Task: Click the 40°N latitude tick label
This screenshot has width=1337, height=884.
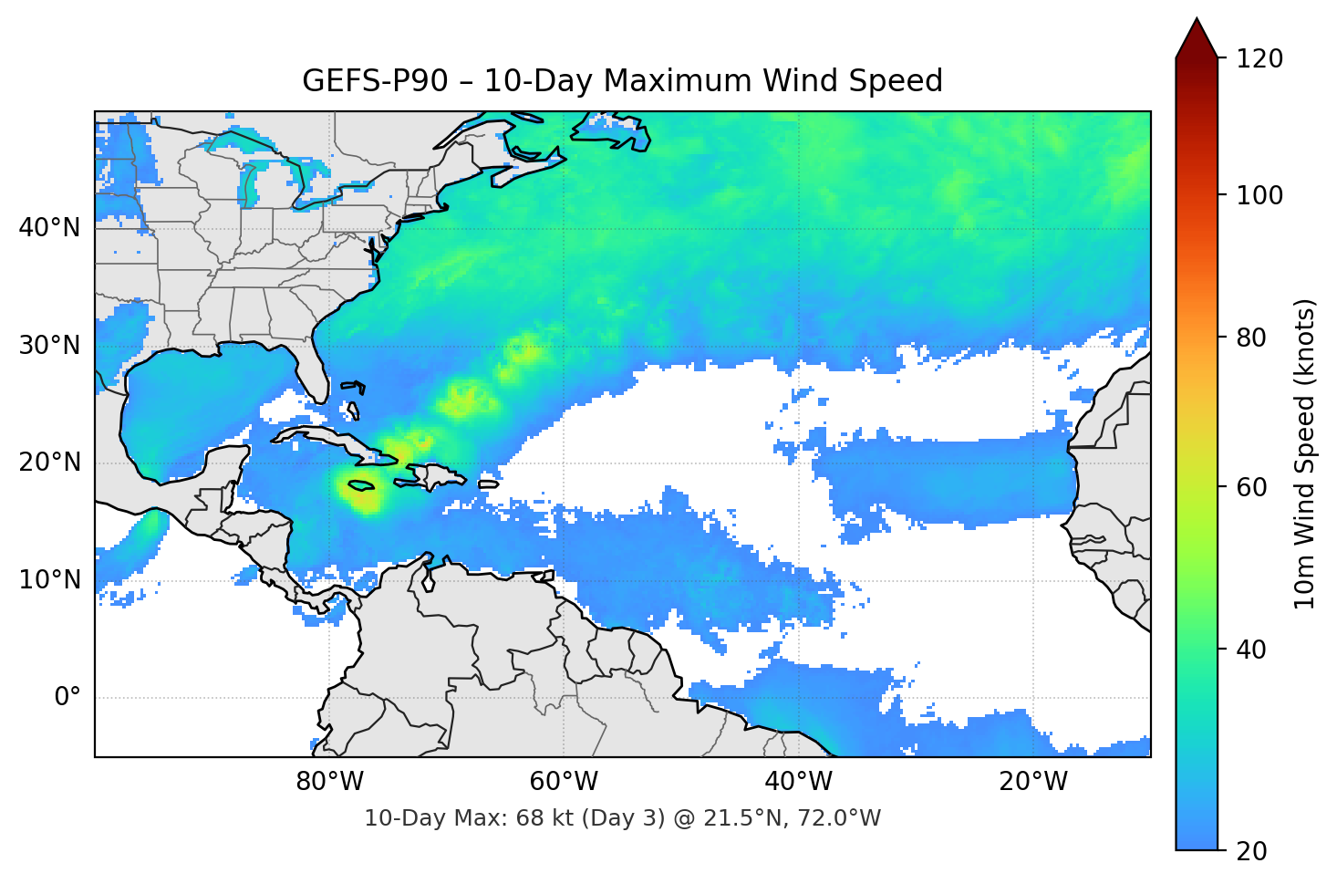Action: [x=49, y=228]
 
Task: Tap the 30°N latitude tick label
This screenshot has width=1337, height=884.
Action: [x=49, y=346]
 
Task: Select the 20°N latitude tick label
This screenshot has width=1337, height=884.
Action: [x=49, y=463]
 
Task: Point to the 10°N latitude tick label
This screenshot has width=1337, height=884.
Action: [x=49, y=580]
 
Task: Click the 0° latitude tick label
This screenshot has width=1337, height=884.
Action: [x=67, y=698]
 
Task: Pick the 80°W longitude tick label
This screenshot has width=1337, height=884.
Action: [x=329, y=782]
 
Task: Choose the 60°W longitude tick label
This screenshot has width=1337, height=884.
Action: [x=564, y=782]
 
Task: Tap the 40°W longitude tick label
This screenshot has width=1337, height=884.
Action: [x=798, y=782]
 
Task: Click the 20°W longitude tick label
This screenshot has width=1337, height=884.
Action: [x=1032, y=782]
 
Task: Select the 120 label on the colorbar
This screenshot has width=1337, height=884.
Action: [x=1259, y=59]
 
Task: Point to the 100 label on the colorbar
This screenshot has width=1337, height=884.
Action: [x=1259, y=195]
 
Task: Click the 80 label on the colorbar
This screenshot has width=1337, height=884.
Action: [x=1251, y=338]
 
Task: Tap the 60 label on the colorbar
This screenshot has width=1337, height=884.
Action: [x=1251, y=487]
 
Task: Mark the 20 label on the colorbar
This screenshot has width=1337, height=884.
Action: [x=1251, y=851]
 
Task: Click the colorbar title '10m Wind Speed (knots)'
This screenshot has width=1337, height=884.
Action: [x=1305, y=453]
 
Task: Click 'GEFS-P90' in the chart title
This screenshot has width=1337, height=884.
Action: [x=375, y=81]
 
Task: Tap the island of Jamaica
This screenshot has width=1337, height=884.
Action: [x=361, y=485]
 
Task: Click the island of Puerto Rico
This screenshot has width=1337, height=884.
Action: [x=489, y=484]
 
